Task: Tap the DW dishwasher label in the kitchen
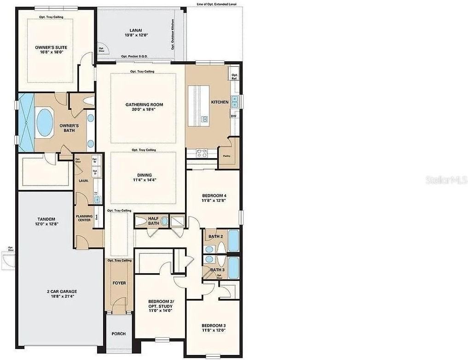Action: pyautogui.click(x=233, y=116)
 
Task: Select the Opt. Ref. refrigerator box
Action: pyautogui.click(x=234, y=77)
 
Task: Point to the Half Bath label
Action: pyautogui.click(x=153, y=221)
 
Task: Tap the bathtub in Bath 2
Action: pyautogui.click(x=233, y=240)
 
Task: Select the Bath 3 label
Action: pyautogui.click(x=217, y=270)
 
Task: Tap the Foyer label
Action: pyautogui.click(x=119, y=283)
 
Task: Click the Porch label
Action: pyautogui.click(x=119, y=334)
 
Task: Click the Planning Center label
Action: pyautogui.click(x=84, y=218)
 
